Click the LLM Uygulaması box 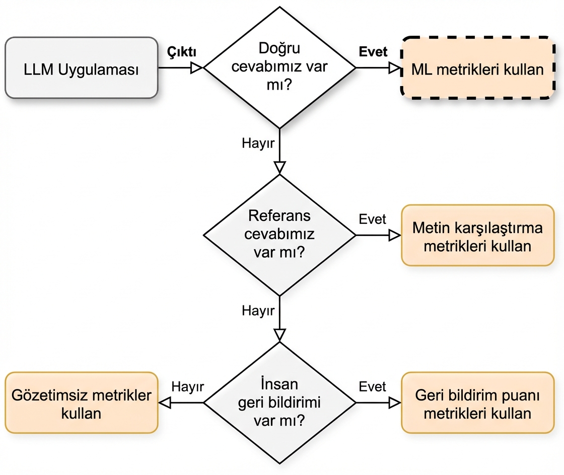coord(81,67)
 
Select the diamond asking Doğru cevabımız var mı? coord(279,67)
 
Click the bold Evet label coord(373,52)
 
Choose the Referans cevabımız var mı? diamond coord(279,234)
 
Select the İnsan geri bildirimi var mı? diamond coord(279,403)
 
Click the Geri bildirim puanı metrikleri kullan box coord(477,403)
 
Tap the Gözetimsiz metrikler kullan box coord(81,403)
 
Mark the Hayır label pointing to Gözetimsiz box coord(187,386)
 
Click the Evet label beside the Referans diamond coord(373,219)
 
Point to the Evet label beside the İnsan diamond coord(373,386)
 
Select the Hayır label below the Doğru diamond coord(258,143)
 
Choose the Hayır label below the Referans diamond coord(258,310)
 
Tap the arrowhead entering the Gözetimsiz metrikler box coord(165,403)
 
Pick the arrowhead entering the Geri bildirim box coord(395,403)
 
